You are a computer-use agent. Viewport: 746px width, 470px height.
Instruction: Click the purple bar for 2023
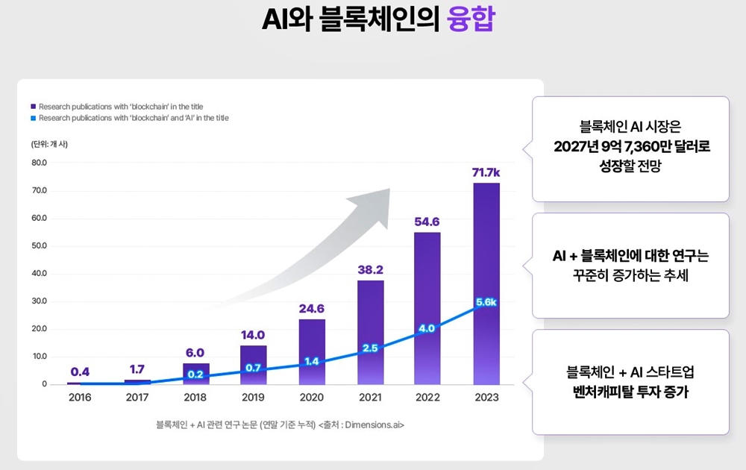486,246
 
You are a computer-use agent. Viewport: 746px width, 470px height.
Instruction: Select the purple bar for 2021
370,313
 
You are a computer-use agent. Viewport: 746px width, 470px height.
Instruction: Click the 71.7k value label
486,173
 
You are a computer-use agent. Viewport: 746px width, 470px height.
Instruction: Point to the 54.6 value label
427,222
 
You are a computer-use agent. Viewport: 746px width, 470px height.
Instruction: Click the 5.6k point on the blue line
486,302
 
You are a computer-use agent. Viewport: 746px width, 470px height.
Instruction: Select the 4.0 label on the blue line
427,328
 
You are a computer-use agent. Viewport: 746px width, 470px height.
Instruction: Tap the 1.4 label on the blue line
312,362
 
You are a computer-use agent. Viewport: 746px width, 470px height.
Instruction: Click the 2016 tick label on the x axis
80,398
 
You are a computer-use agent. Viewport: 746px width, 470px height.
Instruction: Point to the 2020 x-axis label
312,398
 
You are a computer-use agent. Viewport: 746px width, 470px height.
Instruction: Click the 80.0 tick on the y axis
39,163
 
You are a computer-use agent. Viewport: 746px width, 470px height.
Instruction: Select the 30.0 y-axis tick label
39,301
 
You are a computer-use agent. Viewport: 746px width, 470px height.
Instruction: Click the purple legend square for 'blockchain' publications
34,107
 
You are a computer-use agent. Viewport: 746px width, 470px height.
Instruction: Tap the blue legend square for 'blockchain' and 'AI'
34,118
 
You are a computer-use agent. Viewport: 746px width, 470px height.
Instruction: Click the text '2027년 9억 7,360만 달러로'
631,146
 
